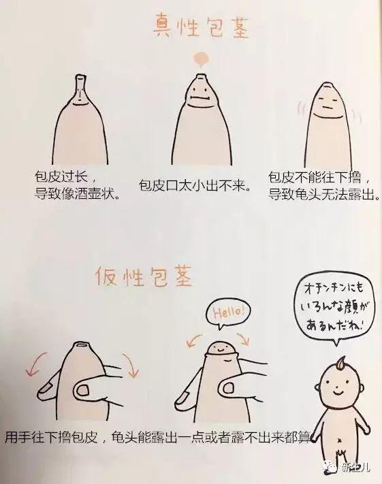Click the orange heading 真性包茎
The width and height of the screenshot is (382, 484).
[x=198, y=28]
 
